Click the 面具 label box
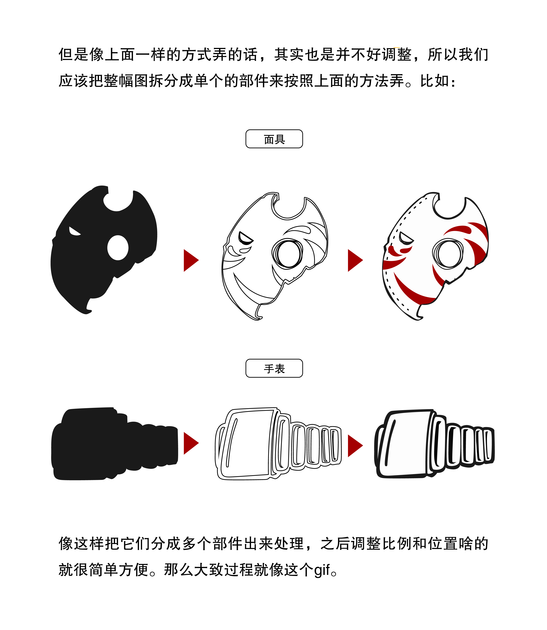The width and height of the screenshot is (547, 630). tap(274, 139)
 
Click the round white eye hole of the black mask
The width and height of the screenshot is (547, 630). tap(118, 248)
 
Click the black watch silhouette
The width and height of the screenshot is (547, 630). tap(115, 443)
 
